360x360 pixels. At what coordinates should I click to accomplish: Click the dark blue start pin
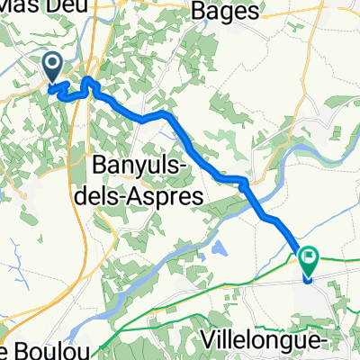point(51,66)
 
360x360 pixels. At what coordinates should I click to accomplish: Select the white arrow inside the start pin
point(51,63)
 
